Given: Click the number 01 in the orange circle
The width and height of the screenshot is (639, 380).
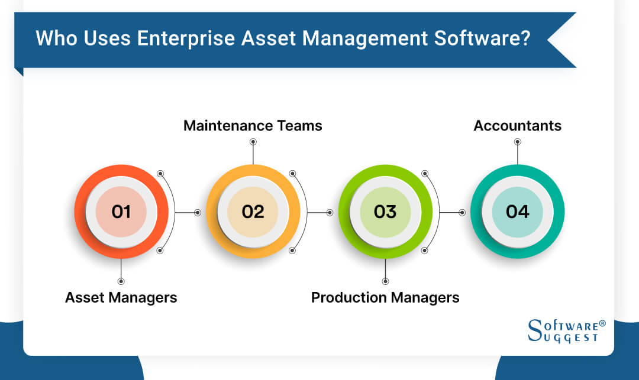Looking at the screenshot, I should coord(121,212).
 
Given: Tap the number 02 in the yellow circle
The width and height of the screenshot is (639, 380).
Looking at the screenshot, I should coord(253,212).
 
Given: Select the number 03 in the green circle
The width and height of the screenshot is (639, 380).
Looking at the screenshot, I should coord(385,212).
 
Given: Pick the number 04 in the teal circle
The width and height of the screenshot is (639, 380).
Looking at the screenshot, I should coord(518,212).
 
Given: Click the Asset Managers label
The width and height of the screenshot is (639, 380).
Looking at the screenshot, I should coord(121,297).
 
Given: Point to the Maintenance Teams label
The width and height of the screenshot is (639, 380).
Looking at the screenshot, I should coord(253,125).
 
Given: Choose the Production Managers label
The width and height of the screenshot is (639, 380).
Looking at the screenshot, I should coord(385,297).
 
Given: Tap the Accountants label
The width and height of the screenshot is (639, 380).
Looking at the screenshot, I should coord(518,125).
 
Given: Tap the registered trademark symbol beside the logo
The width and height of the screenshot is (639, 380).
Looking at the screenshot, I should coord(602,324).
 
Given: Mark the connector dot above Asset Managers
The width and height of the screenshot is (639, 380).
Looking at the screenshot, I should coord(121,281).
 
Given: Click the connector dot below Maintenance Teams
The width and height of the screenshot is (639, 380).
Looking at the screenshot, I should coord(253,142).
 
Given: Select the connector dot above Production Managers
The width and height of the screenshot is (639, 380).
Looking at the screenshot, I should coord(385,281).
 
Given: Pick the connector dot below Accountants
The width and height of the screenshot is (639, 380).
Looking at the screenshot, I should coord(518,142).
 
